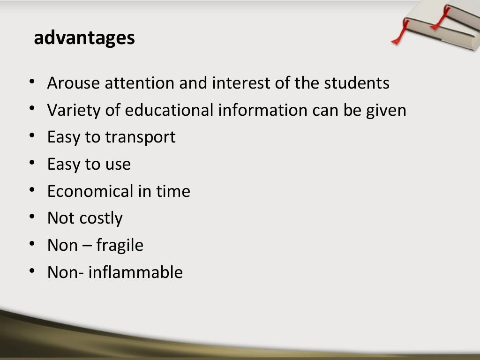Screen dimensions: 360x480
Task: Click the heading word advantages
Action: point(84,38)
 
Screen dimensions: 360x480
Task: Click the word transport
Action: point(140,138)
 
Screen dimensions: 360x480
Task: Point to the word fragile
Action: point(120,246)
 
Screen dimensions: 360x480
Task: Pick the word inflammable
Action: point(135,272)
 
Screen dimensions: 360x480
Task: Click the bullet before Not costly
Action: point(32,217)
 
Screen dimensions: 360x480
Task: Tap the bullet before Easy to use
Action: point(32,163)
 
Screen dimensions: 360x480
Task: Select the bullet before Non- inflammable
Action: point(32,270)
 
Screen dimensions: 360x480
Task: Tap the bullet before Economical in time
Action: point(32,189)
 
